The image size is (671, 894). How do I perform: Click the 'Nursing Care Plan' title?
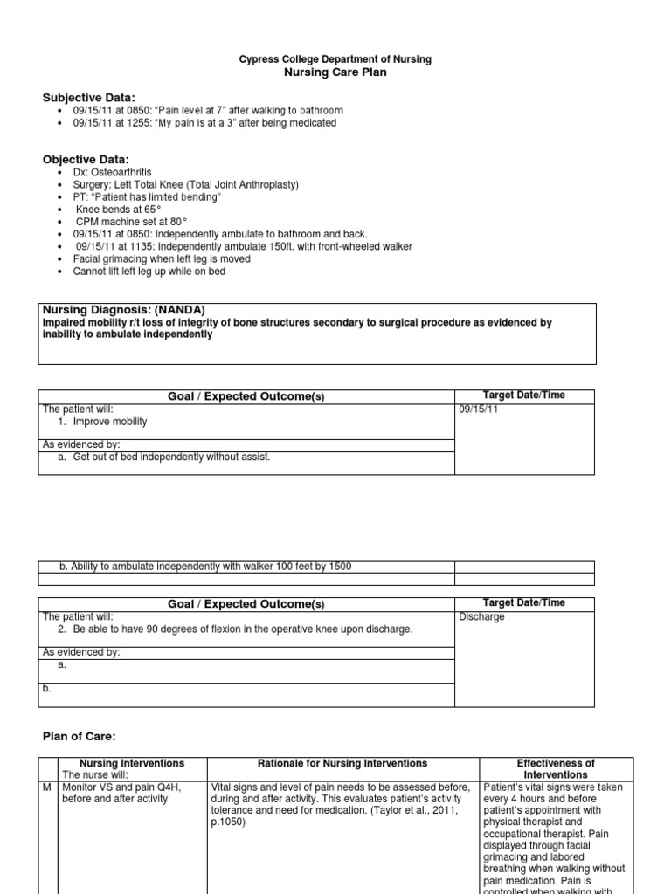tap(335, 72)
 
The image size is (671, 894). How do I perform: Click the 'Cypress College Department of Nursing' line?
tap(335, 59)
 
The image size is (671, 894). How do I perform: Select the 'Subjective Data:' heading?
tap(89, 96)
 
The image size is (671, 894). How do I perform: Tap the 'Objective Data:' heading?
tap(86, 159)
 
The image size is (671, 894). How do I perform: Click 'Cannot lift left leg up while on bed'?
tap(149, 272)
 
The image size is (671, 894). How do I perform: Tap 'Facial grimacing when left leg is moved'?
tap(162, 259)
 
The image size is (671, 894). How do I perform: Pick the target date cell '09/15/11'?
tap(478, 409)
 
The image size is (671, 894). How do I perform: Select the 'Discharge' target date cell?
tap(481, 616)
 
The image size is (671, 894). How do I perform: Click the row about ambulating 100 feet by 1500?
tap(205, 567)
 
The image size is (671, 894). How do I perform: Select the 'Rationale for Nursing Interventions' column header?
tap(341, 763)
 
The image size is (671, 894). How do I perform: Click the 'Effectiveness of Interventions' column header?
tap(555, 769)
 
